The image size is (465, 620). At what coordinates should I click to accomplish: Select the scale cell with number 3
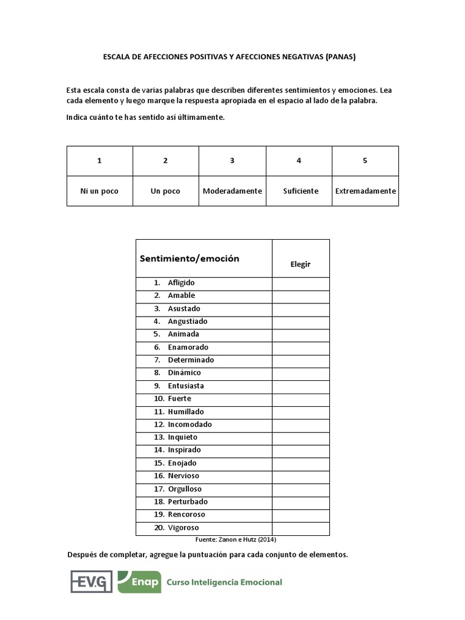(232, 160)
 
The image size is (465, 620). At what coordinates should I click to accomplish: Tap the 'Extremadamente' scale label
(365, 191)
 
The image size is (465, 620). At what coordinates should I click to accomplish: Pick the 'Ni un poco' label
(99, 191)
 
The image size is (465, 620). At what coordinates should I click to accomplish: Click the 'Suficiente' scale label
(300, 191)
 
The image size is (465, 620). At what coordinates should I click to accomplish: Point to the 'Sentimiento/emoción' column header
(190, 259)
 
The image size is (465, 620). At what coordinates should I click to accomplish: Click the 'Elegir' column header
(300, 265)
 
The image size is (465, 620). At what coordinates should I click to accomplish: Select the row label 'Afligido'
(181, 283)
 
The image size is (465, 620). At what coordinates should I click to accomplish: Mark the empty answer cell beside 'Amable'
(300, 295)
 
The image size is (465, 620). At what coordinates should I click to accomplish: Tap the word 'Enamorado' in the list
(188, 347)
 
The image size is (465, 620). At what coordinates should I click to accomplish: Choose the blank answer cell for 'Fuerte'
(300, 398)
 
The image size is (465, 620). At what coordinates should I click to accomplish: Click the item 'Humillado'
(186, 411)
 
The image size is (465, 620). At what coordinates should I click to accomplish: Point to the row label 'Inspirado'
(184, 450)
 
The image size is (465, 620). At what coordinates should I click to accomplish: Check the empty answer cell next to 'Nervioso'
(300, 475)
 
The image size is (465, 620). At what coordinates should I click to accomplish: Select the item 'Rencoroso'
(186, 514)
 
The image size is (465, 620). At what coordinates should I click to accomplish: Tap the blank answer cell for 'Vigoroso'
(300, 527)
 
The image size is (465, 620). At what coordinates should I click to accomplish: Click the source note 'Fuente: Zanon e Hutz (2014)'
(236, 539)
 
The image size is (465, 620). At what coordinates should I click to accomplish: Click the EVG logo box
(91, 582)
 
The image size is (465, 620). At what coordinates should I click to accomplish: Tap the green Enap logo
(139, 582)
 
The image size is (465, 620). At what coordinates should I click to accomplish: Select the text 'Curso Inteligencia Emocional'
(228, 582)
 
